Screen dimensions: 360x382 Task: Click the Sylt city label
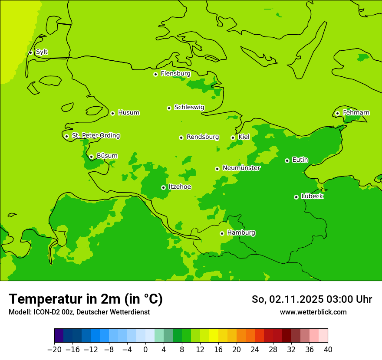[x=42, y=52]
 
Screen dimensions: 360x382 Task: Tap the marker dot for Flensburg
[x=155, y=74]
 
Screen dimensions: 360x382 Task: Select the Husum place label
[x=128, y=113]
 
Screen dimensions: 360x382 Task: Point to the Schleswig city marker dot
[x=169, y=108]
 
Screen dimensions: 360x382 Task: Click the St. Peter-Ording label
[x=95, y=136]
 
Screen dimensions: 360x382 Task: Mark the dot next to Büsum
[x=91, y=157]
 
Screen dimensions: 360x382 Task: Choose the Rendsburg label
[x=203, y=137]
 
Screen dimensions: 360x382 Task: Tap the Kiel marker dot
[x=233, y=137]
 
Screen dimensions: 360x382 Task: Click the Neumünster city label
[x=241, y=168]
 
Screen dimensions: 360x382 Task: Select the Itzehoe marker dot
[x=163, y=187]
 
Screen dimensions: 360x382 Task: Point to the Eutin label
[x=300, y=160]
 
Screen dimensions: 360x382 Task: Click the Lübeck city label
[x=312, y=196]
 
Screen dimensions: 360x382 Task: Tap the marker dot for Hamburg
[x=222, y=233]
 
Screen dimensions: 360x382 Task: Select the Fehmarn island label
[x=356, y=113]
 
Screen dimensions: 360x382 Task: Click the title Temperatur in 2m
[x=86, y=299]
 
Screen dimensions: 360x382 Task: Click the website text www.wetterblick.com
[x=313, y=312]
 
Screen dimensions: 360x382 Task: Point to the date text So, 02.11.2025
[x=287, y=299]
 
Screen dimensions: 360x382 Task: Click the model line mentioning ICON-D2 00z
[x=79, y=312]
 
